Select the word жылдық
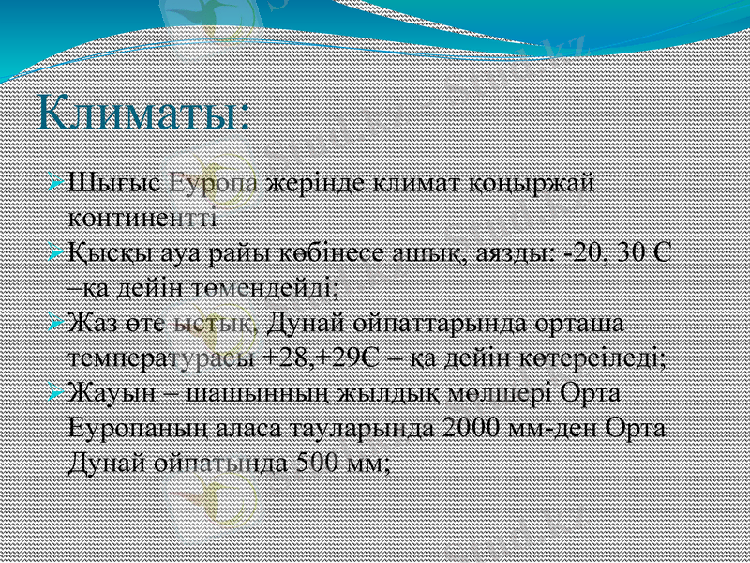[x=404, y=393]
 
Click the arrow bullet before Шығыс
[x=57, y=179]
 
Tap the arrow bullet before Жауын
[x=57, y=390]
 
